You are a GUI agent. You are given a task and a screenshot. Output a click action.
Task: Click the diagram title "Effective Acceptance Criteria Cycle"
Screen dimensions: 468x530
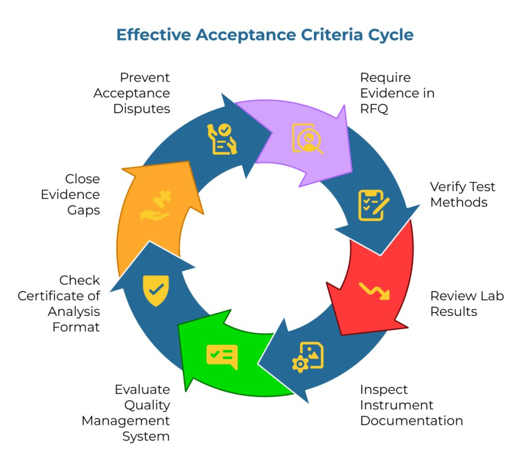point(264,35)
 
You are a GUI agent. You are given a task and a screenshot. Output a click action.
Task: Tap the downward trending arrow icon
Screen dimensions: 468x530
point(375,291)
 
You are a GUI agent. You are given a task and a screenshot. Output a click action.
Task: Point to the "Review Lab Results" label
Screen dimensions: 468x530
point(467,303)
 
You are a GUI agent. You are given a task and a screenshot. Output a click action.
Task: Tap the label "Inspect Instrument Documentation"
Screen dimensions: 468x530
point(411,404)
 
